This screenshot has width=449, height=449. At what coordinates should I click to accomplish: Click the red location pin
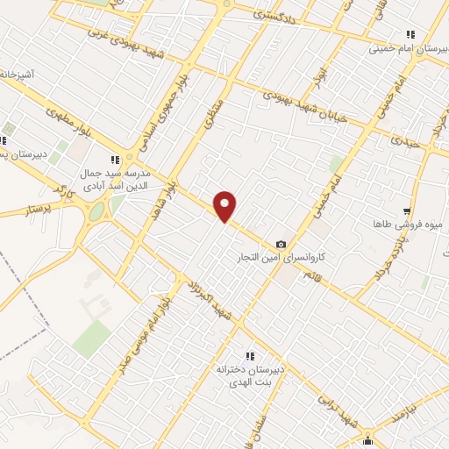tap(226, 207)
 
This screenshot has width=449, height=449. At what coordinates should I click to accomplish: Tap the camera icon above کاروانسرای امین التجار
tap(281, 244)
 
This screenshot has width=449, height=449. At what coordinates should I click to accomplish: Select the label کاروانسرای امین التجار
tap(283, 260)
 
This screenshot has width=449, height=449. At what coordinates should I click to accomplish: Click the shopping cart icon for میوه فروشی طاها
tap(407, 211)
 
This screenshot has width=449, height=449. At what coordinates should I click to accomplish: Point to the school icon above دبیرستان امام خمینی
tap(407, 35)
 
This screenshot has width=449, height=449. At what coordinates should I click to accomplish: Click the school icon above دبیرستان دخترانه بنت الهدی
tap(250, 356)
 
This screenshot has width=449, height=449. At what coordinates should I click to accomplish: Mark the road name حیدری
tap(406, 140)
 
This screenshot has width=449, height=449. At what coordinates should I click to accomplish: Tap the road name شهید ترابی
tap(359, 413)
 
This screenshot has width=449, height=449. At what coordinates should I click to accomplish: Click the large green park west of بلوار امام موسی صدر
tap(91, 339)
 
